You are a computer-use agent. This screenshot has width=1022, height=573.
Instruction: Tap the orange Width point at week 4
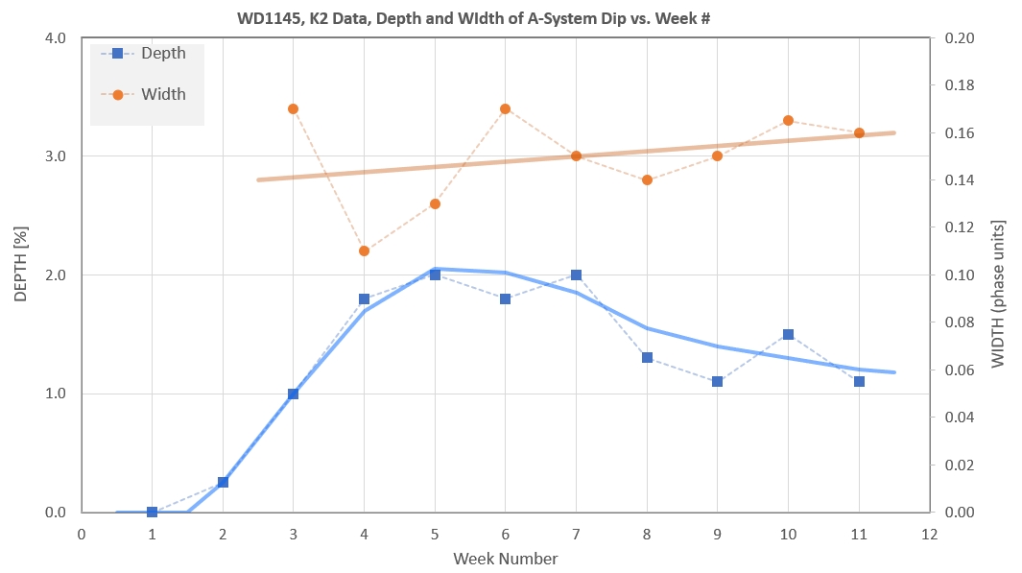364,251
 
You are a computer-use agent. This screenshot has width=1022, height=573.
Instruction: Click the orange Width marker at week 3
293,109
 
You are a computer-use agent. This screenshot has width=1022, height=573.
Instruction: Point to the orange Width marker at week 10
788,121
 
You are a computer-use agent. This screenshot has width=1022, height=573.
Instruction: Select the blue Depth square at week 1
152,512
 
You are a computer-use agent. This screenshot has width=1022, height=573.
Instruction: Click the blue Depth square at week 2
223,482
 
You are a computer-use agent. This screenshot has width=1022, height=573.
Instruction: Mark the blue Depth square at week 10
788,334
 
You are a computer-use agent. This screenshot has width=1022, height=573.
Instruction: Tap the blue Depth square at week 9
717,381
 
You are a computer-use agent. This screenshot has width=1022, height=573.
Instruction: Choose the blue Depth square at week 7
576,275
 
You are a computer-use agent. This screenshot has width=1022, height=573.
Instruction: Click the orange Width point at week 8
647,179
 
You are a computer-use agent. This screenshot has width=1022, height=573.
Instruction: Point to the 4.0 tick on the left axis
54,38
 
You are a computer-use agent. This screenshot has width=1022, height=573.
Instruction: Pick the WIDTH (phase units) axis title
1000,275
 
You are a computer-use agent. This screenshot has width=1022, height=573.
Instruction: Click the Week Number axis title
505,558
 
